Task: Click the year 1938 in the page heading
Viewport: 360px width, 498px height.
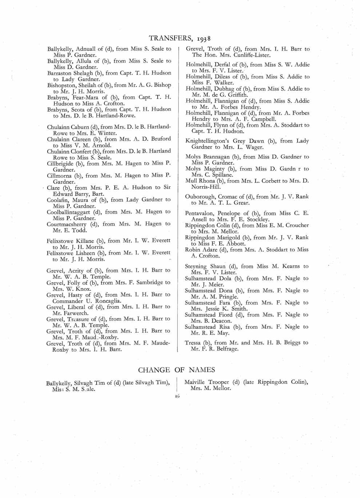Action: (204, 39)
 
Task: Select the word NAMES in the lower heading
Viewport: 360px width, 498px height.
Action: (202, 370)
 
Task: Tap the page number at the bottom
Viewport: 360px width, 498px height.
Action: (177, 396)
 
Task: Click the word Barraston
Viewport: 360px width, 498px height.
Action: (60, 73)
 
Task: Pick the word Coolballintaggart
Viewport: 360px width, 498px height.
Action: (69, 212)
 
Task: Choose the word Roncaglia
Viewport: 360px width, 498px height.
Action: (107, 301)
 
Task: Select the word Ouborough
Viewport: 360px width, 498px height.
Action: (200, 197)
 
